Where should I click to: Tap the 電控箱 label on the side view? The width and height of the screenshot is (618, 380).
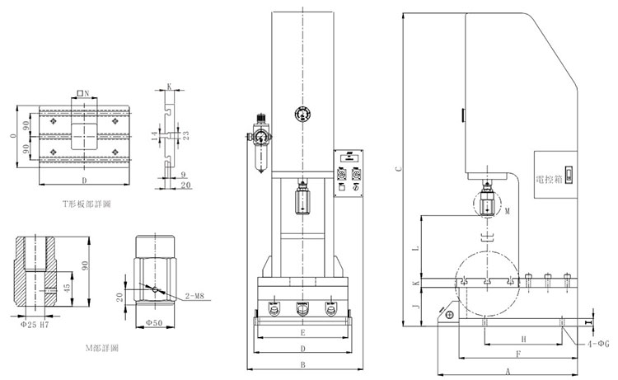[548, 178]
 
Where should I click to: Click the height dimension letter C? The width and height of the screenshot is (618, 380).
[398, 169]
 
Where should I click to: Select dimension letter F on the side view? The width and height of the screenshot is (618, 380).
[517, 354]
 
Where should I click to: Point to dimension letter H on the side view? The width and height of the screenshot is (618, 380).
[524, 339]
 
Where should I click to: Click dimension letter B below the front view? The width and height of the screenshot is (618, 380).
[303, 364]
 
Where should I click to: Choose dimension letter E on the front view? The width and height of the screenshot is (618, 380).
[303, 333]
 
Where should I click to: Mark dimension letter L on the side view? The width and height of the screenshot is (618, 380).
[416, 246]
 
